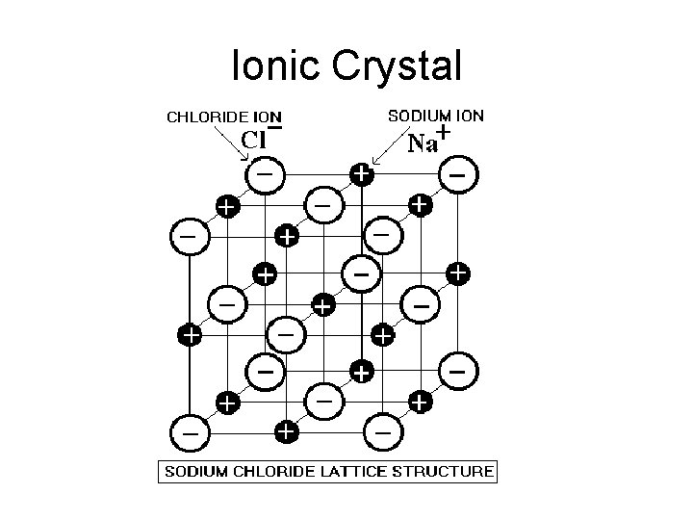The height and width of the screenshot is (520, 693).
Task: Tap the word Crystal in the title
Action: click(397, 65)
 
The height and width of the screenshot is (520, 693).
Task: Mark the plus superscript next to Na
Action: click(444, 132)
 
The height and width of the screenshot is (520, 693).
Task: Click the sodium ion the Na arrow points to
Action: click(360, 174)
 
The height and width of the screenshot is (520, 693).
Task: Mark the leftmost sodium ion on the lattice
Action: click(190, 334)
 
